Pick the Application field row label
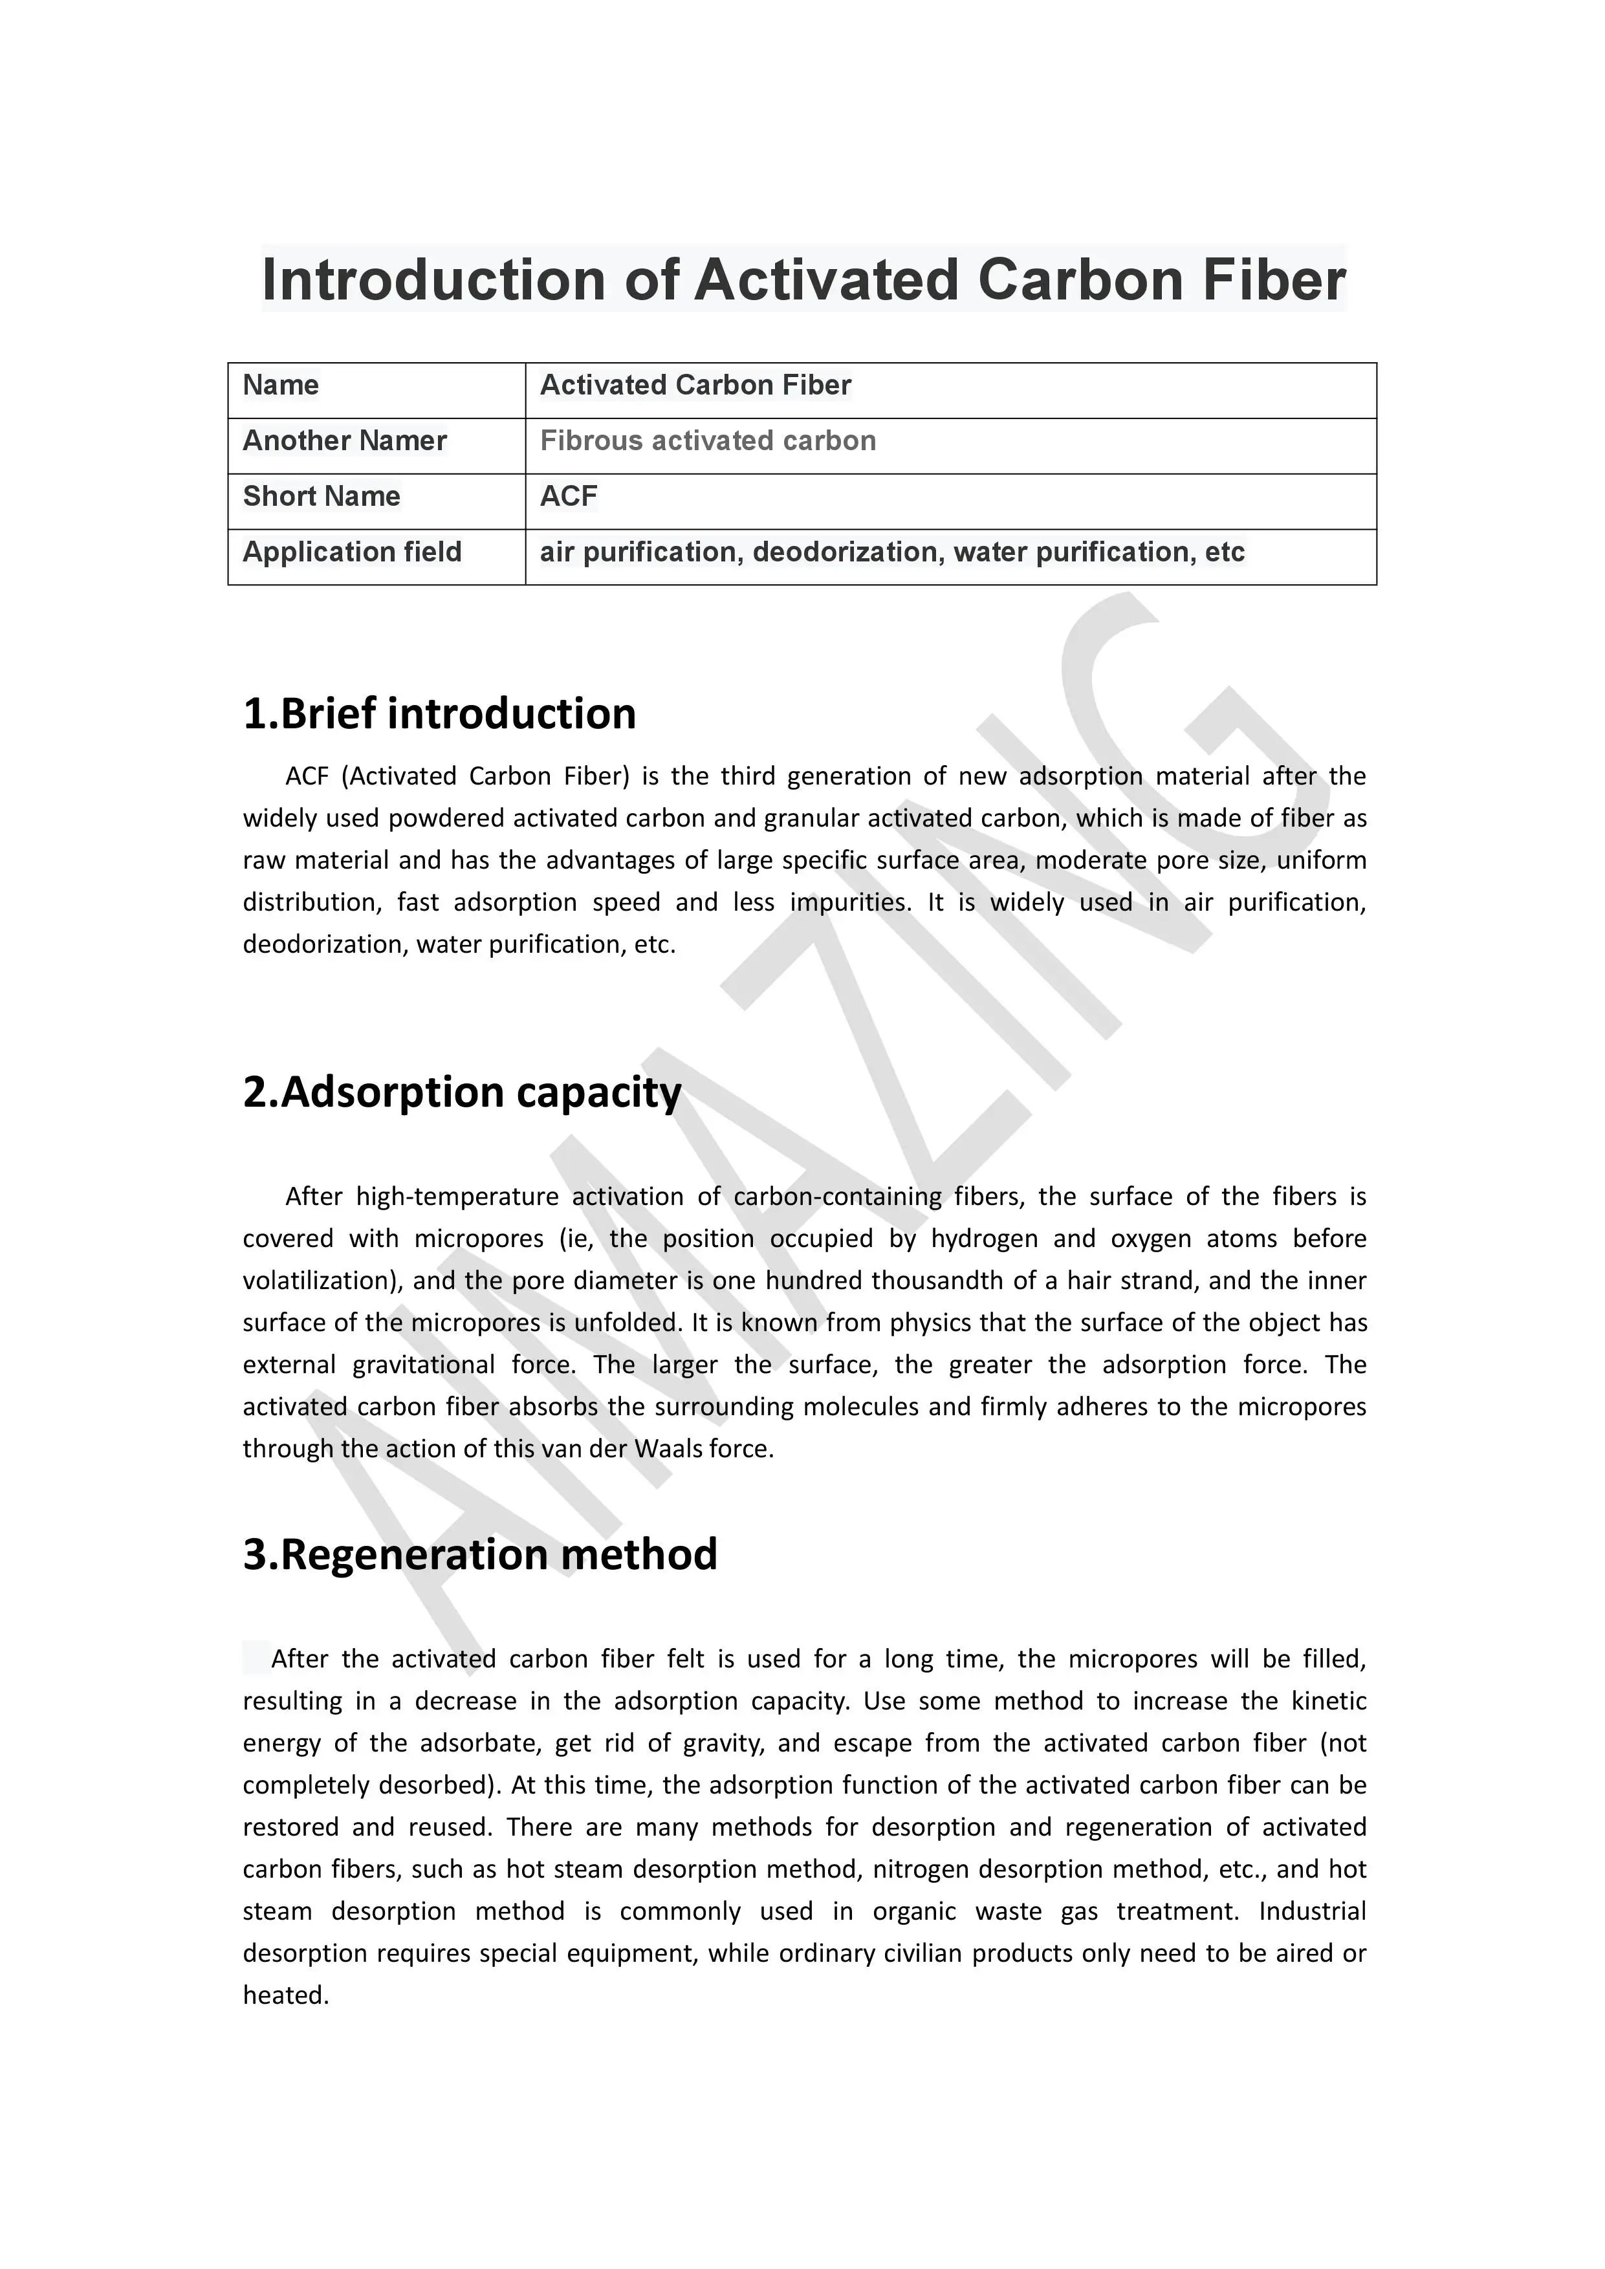(352, 552)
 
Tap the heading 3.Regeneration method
(479, 1554)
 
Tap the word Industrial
(1311, 1911)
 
